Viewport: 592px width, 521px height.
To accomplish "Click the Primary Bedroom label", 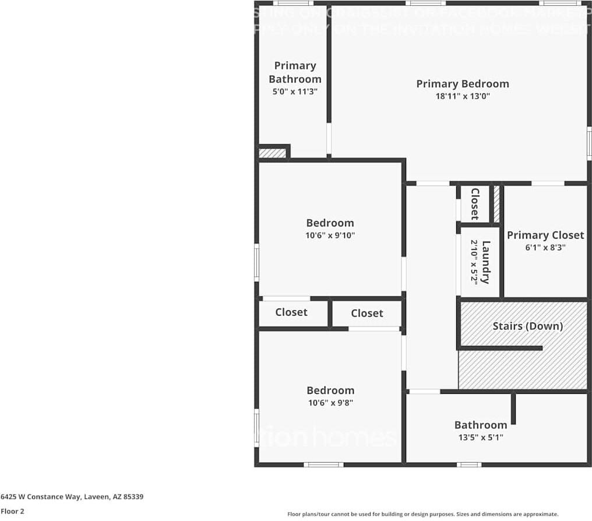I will pos(462,84).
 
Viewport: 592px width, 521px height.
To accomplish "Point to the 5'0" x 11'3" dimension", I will pos(295,92).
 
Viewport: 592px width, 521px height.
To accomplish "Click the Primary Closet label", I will pos(545,235).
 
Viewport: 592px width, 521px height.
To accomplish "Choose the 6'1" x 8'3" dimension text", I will pos(545,247).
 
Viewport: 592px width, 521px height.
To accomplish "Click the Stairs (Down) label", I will pos(527,326).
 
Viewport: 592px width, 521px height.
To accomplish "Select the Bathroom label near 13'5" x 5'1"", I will pos(480,425).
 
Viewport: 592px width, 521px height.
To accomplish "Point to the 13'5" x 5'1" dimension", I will pos(480,437).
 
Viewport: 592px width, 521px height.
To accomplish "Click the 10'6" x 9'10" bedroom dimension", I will pos(330,236).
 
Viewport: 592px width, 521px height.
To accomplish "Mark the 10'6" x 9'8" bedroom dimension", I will pos(330,403).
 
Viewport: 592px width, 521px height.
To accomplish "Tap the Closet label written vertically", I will pos(475,204).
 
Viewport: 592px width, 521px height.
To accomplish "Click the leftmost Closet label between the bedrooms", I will pos(291,312).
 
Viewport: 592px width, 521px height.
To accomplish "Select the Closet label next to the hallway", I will pos(367,313).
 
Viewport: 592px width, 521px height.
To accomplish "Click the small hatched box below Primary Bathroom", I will pos(272,153).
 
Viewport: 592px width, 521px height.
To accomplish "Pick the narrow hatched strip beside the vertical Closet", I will pos(496,203).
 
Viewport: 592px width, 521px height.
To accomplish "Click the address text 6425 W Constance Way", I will pos(72,497).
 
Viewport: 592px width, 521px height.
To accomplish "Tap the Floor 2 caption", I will pos(12,511).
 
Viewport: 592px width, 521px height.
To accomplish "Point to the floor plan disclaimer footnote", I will pos(422,514).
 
